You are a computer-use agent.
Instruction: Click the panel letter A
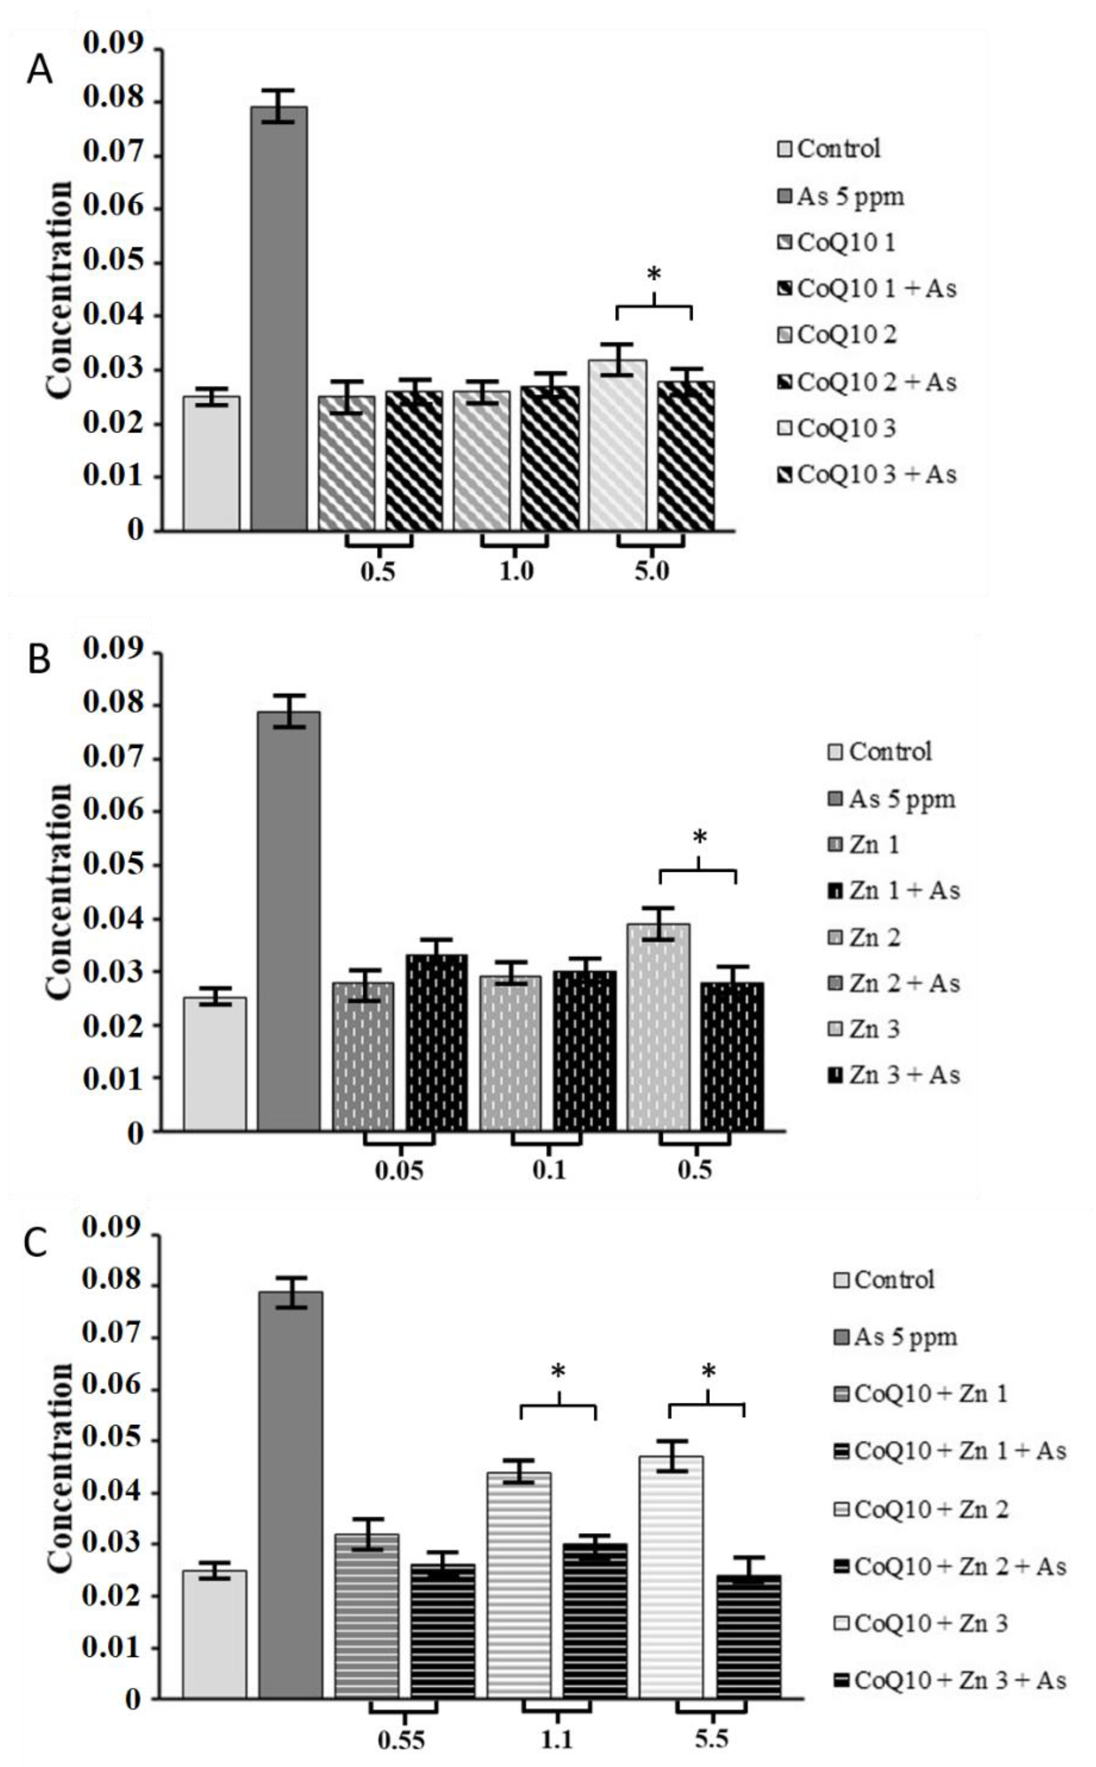[39, 72]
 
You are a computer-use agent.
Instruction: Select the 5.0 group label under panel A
[651, 572]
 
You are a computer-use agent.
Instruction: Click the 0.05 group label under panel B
[399, 1170]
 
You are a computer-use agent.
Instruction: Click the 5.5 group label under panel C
[711, 1739]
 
